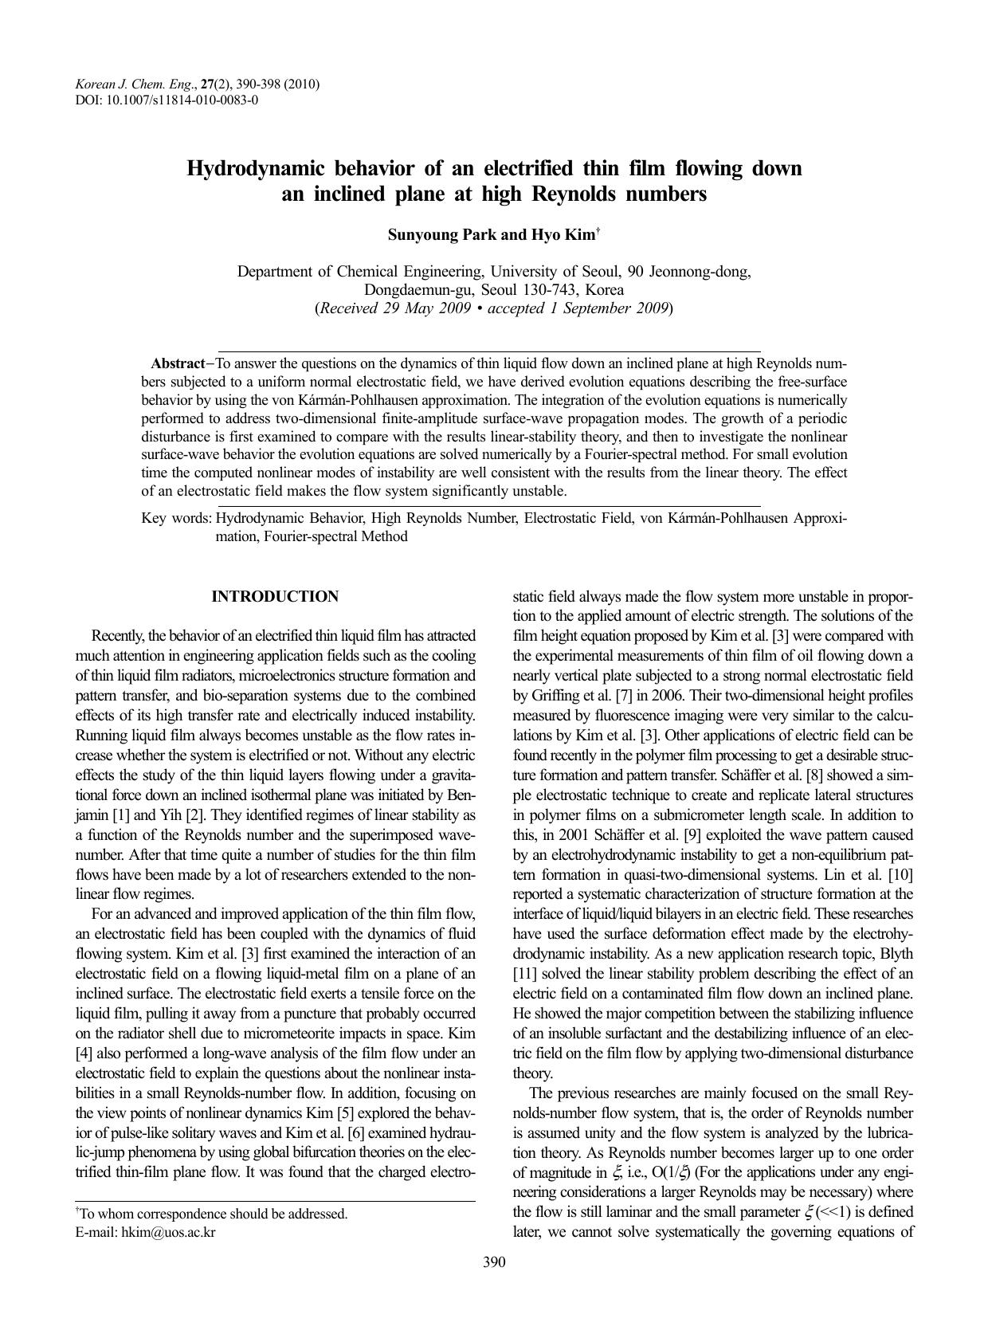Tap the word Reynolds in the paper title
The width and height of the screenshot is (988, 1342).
point(580,194)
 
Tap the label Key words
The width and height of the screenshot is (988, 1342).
point(176,519)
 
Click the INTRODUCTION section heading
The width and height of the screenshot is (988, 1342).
point(275,597)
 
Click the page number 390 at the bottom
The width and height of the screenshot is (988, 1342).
point(494,1262)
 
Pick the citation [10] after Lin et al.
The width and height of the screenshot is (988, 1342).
point(900,875)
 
